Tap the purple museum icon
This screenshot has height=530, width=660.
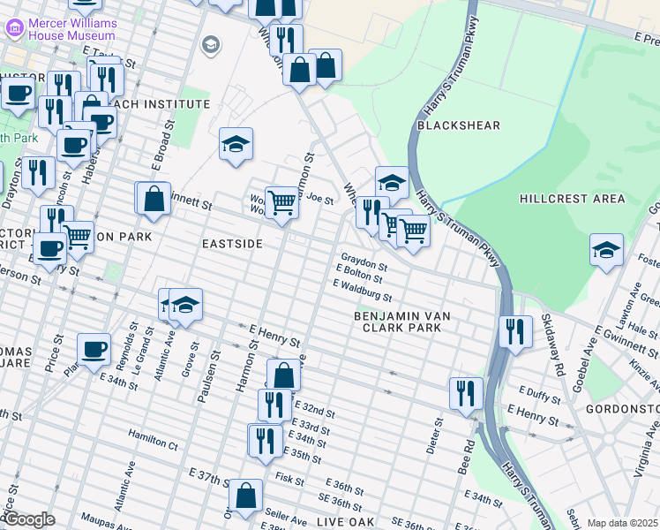[14, 27]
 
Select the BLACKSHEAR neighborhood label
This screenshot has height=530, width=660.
[459, 126]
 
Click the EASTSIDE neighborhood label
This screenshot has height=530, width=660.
[233, 243]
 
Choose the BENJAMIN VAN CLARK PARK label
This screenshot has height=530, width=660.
[396, 322]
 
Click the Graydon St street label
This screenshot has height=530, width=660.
[364, 265]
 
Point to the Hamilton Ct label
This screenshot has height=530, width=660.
[153, 435]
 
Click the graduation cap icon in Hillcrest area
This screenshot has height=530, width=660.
[606, 250]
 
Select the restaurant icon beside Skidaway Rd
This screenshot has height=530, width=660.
[516, 330]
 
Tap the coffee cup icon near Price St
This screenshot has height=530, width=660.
[94, 349]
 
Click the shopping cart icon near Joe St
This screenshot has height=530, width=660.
[281, 202]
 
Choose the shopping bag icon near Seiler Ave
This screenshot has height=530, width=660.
[246, 496]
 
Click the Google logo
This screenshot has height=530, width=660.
[29, 519]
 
